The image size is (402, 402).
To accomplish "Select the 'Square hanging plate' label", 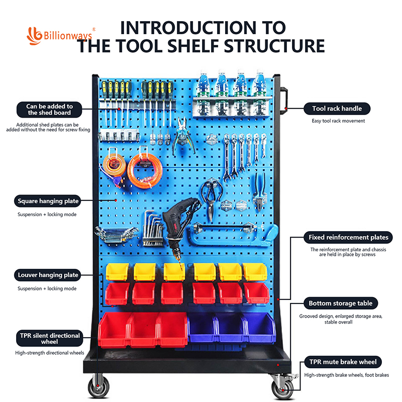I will click(48, 202).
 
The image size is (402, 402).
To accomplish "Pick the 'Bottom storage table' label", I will click(340, 304).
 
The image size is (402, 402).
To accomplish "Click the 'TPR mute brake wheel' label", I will click(343, 362).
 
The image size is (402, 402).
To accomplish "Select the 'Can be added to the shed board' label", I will click(49, 110).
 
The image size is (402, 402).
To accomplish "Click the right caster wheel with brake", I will click(279, 387).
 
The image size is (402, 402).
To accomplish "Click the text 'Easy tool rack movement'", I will click(338, 121).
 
